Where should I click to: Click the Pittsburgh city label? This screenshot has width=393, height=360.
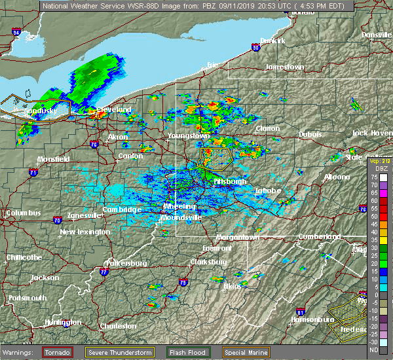[230, 181]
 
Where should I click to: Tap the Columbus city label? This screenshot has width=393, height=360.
[23, 213]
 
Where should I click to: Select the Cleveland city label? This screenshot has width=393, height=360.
[115, 109]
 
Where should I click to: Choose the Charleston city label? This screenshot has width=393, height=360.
[118, 326]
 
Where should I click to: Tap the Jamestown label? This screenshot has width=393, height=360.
[284, 67]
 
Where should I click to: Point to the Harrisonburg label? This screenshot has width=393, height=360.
[312, 319]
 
